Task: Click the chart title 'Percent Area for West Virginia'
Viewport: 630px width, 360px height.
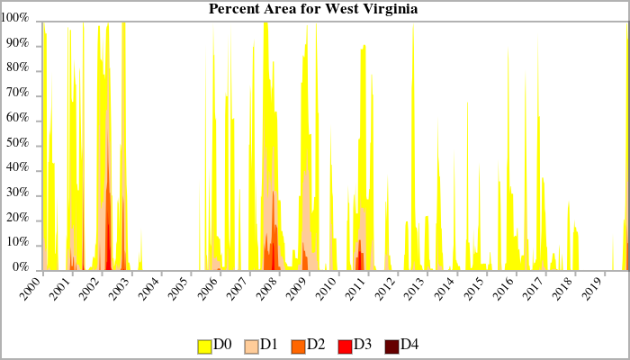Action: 313,9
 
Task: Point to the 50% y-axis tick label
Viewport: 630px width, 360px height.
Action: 20,144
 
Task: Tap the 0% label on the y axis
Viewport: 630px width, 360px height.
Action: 22,268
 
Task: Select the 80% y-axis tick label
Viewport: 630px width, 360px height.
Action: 20,68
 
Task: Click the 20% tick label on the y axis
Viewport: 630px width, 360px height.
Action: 20,219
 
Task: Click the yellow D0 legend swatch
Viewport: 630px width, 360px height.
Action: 204,346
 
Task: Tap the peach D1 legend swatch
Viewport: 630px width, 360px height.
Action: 251,346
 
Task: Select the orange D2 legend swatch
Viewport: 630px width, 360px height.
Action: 298,346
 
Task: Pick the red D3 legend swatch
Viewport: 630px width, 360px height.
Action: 345,346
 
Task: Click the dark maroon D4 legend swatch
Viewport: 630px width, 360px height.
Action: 391,346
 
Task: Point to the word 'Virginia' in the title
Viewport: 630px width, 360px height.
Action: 389,9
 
